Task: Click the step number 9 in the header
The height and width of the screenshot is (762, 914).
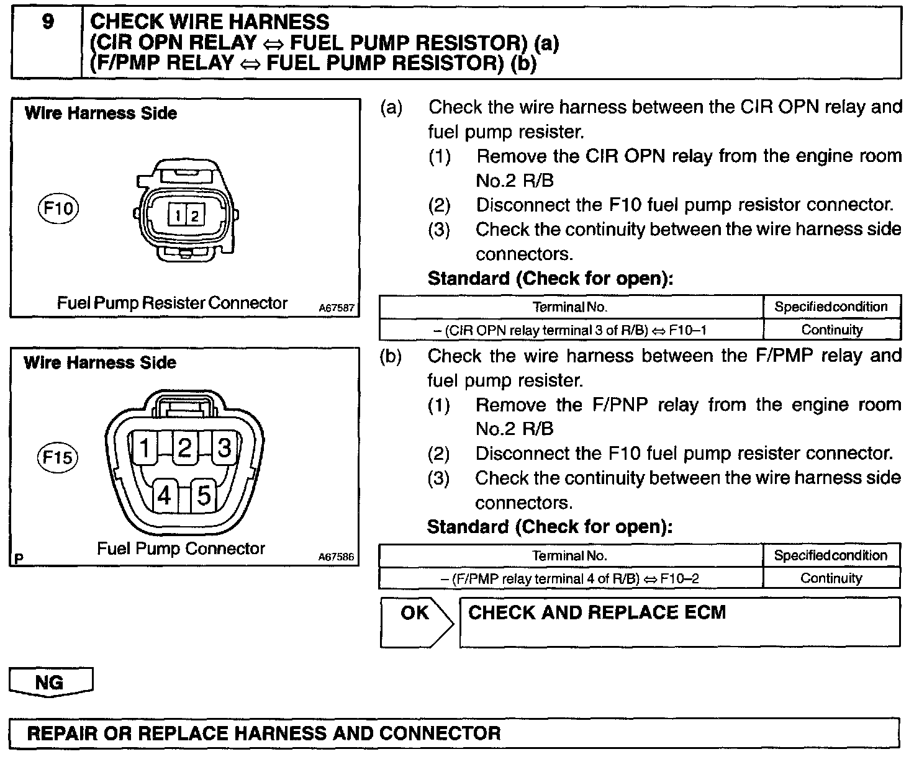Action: click(47, 23)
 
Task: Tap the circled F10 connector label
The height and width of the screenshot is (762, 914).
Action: click(59, 208)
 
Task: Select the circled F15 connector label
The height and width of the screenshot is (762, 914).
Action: click(58, 458)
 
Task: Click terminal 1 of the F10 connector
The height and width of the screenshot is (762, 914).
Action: click(178, 215)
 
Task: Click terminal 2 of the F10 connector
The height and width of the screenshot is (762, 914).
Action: click(194, 215)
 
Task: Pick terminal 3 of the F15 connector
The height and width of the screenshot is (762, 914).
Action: click(225, 447)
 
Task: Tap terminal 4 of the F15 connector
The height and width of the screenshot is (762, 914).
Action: click(165, 495)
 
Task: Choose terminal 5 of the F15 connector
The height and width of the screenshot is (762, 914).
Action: click(204, 495)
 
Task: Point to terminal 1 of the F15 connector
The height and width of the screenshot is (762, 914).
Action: click(145, 447)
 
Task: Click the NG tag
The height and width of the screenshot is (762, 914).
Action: click(50, 682)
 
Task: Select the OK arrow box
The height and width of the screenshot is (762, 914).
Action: click(416, 621)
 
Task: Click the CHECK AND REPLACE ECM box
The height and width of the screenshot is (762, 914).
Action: click(679, 622)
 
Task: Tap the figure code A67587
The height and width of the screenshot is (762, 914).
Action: click(337, 308)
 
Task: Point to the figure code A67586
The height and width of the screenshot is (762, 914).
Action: click(337, 557)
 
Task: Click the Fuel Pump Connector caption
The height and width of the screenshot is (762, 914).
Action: click(181, 549)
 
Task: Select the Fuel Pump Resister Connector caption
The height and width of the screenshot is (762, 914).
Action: click(172, 303)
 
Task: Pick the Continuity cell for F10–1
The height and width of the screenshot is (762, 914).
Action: click(831, 329)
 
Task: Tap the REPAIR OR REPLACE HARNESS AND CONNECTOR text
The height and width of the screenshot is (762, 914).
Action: click(264, 733)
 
